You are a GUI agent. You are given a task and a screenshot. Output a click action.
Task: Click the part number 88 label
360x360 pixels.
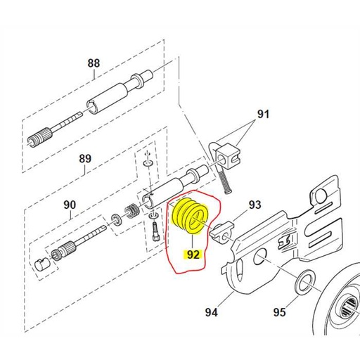click(94, 63)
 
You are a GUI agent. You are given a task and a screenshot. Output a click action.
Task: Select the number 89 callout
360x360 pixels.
click(85, 159)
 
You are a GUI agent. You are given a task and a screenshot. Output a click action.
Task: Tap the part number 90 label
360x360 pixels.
click(70, 205)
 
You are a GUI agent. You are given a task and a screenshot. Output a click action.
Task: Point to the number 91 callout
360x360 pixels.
click(263, 114)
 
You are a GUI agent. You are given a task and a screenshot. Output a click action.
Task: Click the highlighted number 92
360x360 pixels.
click(193, 255)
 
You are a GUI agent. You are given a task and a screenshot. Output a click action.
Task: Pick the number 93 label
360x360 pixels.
click(255, 205)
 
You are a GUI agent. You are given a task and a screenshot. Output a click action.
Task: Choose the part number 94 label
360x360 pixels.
click(212, 312)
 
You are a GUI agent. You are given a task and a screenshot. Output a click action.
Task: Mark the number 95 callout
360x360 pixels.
click(279, 312)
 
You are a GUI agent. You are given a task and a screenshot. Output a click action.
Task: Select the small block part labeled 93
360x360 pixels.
click(221, 231)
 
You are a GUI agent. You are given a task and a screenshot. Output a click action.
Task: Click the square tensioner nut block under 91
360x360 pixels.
click(229, 157)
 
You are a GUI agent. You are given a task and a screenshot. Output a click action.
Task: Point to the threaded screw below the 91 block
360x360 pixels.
click(225, 180)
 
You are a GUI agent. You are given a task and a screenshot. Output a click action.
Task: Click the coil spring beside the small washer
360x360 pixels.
click(131, 211)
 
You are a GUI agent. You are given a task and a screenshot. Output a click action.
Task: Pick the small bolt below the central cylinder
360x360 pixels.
click(155, 231)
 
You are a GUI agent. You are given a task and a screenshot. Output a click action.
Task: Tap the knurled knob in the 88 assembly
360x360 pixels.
click(40, 138)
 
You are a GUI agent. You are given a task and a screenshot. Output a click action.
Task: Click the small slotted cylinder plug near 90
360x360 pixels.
click(41, 264)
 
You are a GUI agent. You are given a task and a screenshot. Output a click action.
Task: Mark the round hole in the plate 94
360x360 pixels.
click(260, 256)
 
